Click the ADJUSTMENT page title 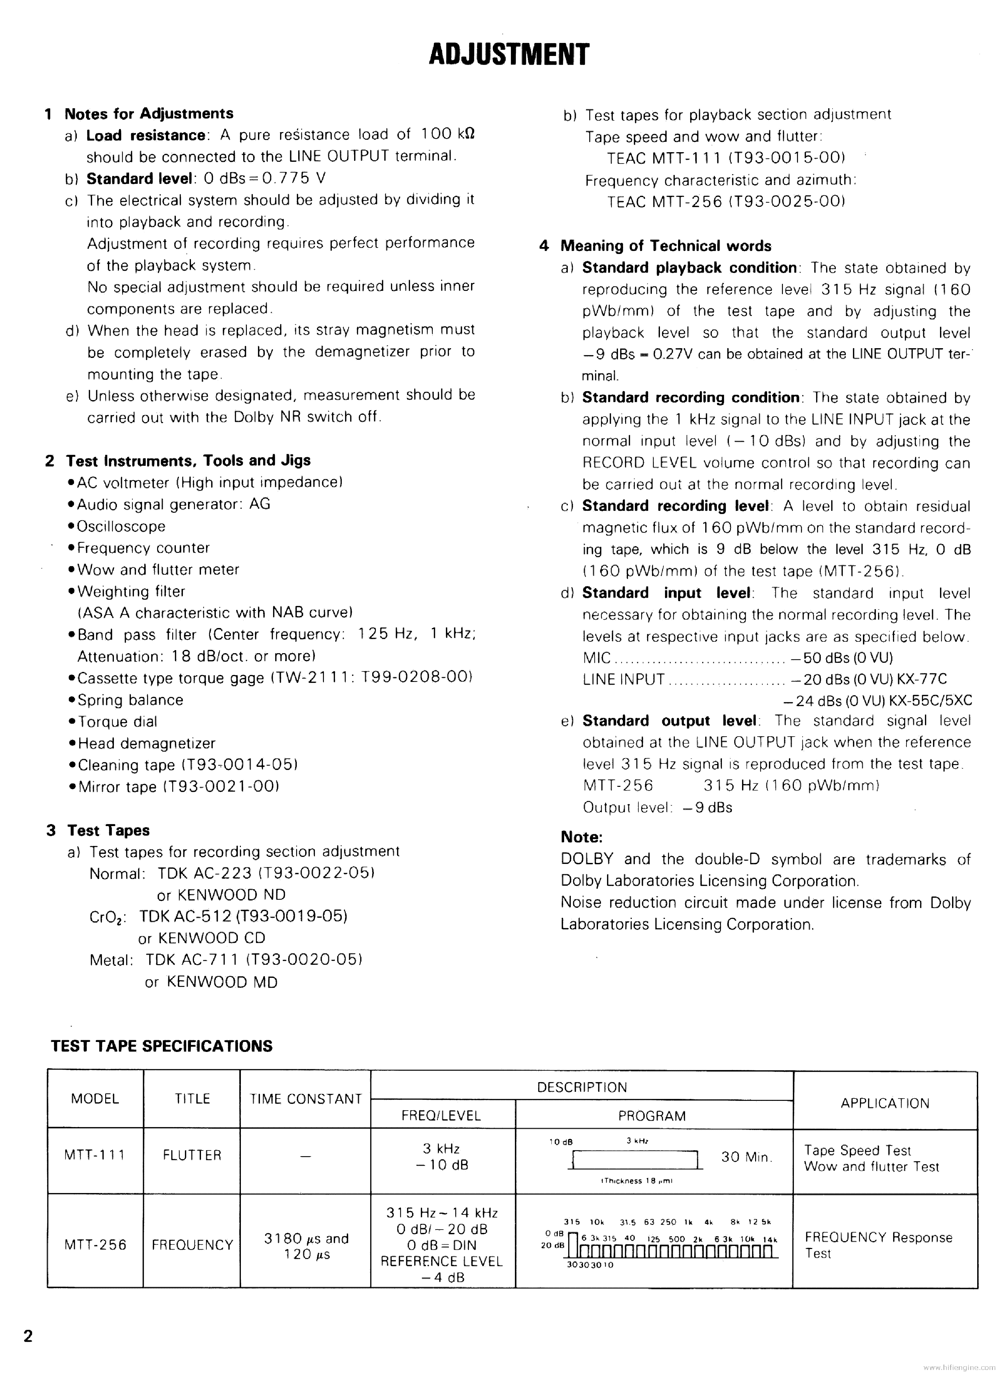pos(509,55)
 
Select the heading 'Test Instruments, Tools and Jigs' pos(188,460)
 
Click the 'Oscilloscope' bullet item pos(121,526)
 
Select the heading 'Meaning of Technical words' pos(666,246)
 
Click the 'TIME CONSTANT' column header pos(306,1099)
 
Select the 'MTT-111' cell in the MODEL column pos(95,1155)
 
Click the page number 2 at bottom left pos(28,1336)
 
